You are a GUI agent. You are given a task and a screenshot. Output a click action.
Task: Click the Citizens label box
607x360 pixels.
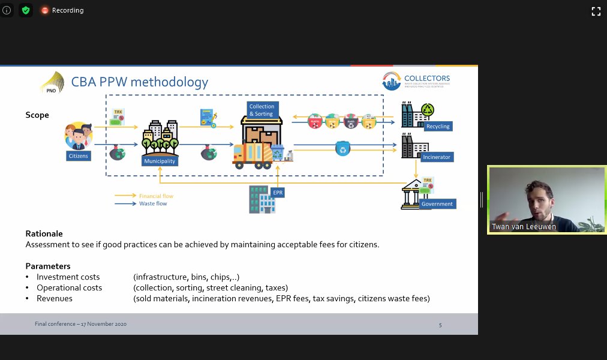coord(78,156)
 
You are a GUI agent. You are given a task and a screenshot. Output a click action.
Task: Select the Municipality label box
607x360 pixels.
coord(159,161)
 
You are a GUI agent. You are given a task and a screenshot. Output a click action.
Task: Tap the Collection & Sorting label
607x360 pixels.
coord(262,110)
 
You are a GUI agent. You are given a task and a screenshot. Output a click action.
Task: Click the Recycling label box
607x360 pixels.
coord(437,127)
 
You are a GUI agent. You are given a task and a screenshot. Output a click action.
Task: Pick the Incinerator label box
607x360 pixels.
coord(436,157)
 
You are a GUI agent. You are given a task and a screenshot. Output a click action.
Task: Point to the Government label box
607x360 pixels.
coord(437,204)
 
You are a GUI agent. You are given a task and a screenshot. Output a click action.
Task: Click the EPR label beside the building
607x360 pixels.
coord(277,193)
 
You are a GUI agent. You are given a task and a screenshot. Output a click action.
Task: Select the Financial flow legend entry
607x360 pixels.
coord(156,196)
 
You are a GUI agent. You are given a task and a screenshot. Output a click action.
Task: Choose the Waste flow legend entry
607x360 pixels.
coord(153,203)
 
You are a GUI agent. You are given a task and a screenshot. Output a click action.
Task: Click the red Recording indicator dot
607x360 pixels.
coord(45,10)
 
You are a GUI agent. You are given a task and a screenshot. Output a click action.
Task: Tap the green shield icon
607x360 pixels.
coord(25,10)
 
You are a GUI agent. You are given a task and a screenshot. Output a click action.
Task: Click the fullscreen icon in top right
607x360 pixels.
coord(596,11)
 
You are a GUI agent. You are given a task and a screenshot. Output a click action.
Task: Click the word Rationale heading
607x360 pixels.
coord(44,233)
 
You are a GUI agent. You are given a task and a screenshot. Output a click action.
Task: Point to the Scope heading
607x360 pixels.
coord(37,115)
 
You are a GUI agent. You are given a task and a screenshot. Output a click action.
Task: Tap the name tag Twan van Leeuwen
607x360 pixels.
coord(515,227)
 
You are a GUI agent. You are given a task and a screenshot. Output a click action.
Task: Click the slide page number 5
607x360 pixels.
coord(440,325)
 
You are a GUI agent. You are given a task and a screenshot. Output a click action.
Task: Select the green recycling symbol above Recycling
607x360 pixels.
coord(428,110)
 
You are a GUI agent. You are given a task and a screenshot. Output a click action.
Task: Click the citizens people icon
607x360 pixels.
coord(79,136)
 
